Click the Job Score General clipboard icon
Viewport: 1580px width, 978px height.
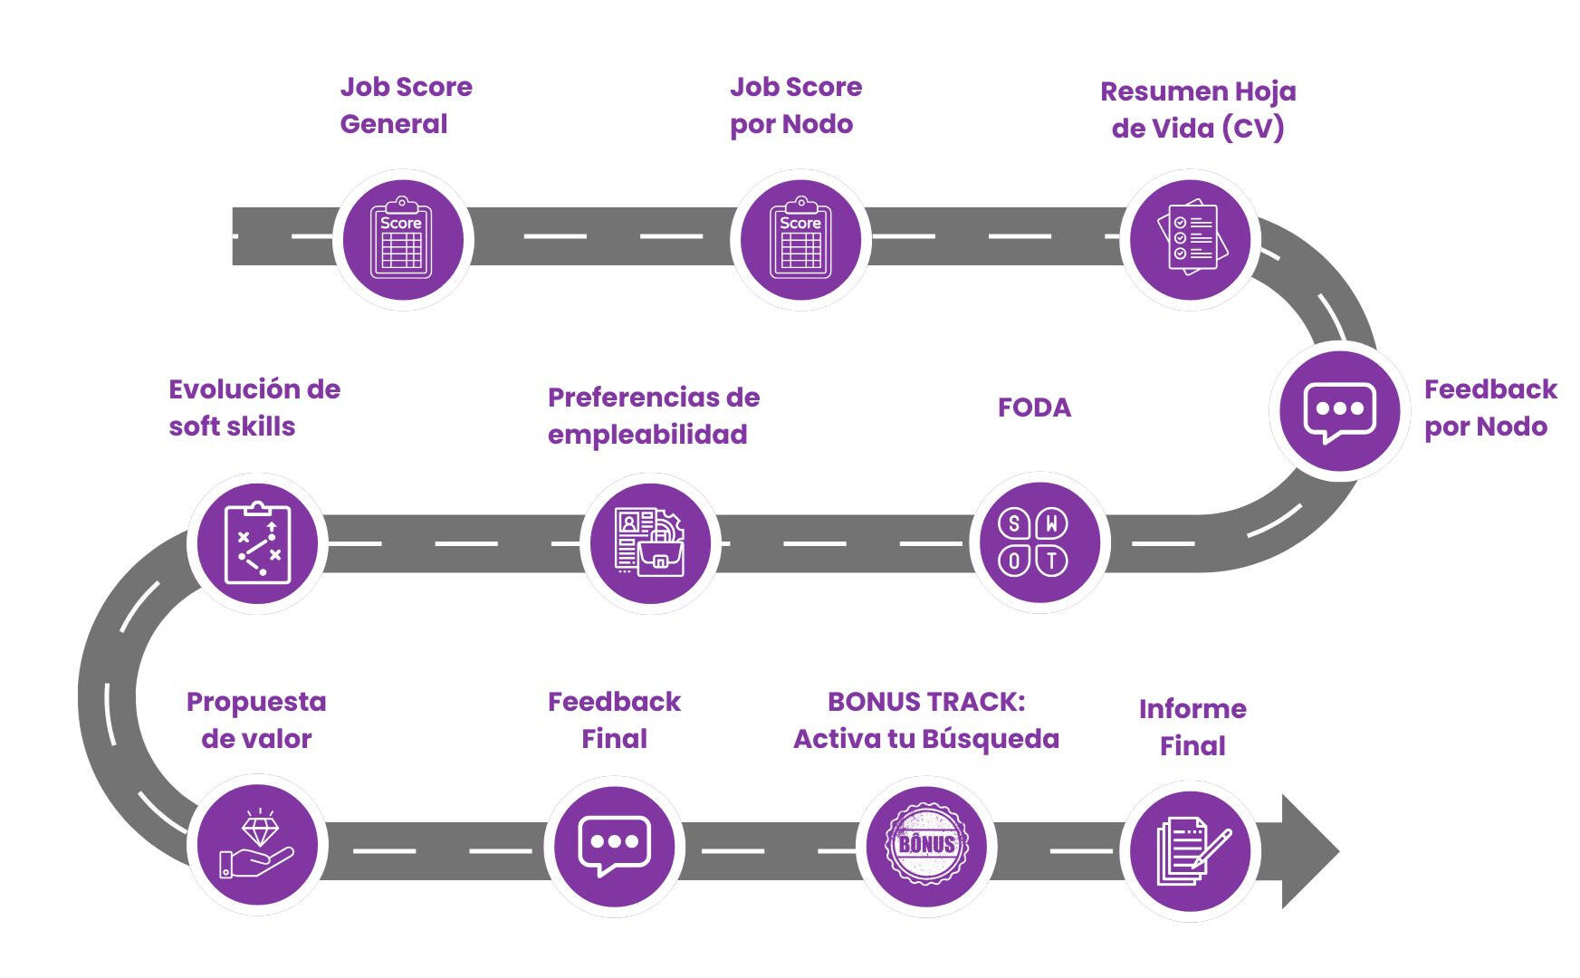(x=402, y=240)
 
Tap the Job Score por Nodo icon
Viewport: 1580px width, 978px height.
(x=800, y=240)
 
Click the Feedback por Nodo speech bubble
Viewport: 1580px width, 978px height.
(x=1339, y=411)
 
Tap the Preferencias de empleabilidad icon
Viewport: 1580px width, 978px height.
(x=650, y=542)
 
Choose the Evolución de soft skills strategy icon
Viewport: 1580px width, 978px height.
(x=257, y=542)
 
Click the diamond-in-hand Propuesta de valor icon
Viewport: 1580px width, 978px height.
(x=257, y=845)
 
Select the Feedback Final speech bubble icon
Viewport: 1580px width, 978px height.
(x=614, y=845)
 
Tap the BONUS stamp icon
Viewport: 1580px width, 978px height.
(x=926, y=845)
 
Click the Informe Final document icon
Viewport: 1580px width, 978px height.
(x=1192, y=851)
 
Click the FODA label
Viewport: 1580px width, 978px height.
(x=1034, y=407)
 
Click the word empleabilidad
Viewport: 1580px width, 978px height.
(x=647, y=435)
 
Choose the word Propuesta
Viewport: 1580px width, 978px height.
(x=256, y=702)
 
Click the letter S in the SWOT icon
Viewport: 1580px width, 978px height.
(x=1014, y=523)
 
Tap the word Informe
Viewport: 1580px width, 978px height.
(x=1192, y=709)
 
